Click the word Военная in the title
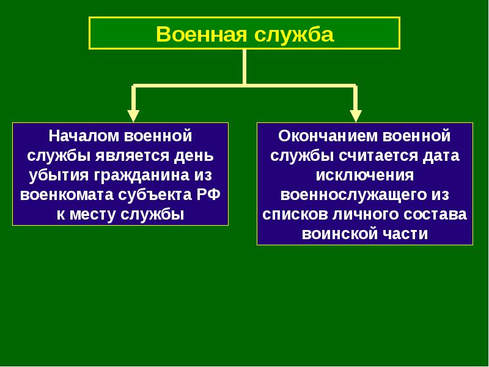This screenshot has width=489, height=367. pyautogui.click(x=201, y=34)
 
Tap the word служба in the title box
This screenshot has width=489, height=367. pyautogui.click(x=294, y=34)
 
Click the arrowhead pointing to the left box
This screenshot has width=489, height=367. pyautogui.click(x=133, y=116)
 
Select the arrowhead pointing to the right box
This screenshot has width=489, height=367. pyautogui.click(x=356, y=116)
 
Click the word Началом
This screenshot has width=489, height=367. pyautogui.click(x=84, y=136)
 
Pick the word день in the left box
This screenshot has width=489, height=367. pyautogui.click(x=194, y=156)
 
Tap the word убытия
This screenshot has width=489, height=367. pyautogui.click(x=59, y=176)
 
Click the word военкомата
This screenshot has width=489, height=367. pyautogui.click(x=67, y=195)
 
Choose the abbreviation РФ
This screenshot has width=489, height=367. pyautogui.click(x=208, y=195)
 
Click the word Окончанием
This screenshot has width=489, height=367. pyautogui.click(x=328, y=136)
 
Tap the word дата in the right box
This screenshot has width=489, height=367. pyautogui.click(x=441, y=156)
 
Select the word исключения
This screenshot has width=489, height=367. pyautogui.click(x=365, y=175)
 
